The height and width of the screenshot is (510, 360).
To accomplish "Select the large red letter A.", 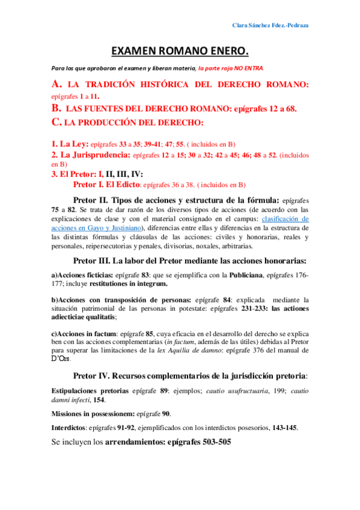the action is [57, 85].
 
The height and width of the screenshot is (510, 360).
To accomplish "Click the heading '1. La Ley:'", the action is [70, 144].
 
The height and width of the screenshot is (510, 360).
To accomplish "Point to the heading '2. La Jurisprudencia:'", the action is [91, 155].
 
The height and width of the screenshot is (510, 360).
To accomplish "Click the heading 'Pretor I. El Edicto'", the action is [106, 185].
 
